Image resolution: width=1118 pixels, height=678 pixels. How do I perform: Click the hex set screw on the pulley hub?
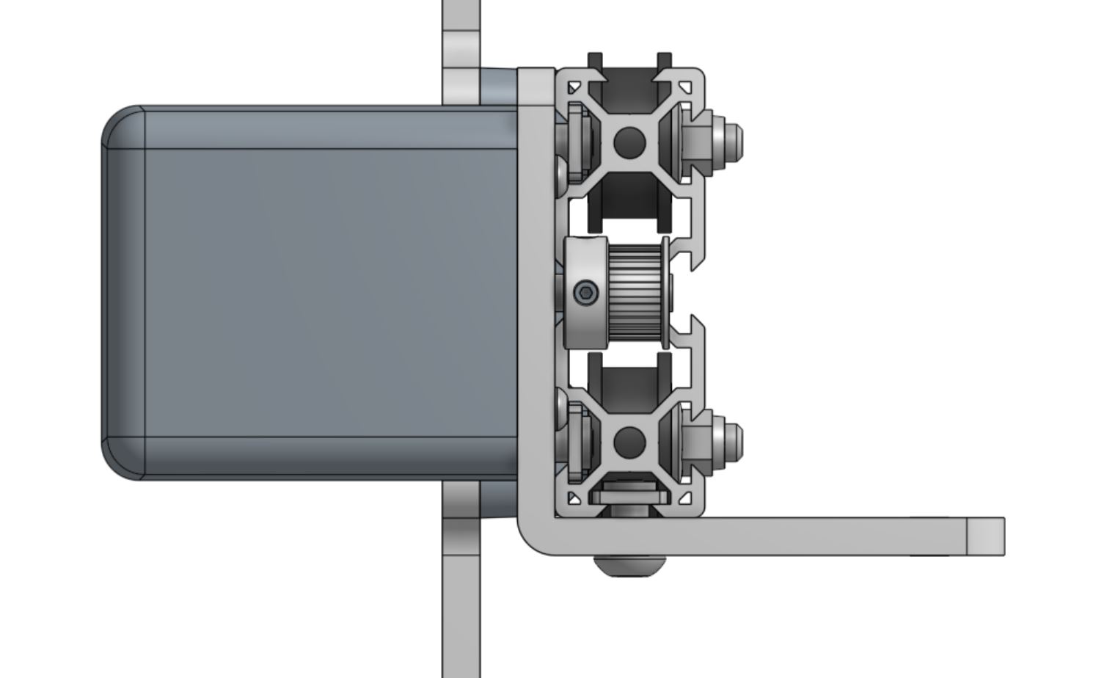coord(585,294)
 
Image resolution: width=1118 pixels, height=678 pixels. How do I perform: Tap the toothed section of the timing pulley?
coord(635,292)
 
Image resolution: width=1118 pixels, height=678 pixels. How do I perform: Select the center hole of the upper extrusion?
coord(628,142)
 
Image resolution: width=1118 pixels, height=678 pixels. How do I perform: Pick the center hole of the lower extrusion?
coord(628,441)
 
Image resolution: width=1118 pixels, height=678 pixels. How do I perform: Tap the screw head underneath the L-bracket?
coord(629,566)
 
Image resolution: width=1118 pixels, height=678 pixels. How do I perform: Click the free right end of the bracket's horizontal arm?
coord(984,536)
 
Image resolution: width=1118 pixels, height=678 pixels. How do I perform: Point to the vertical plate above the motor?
coord(461,44)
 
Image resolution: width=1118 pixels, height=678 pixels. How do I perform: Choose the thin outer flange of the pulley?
coord(665,292)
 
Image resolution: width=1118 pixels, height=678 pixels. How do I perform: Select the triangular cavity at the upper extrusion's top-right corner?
coord(687,87)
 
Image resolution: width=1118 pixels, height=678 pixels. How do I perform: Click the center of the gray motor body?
coord(315,294)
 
